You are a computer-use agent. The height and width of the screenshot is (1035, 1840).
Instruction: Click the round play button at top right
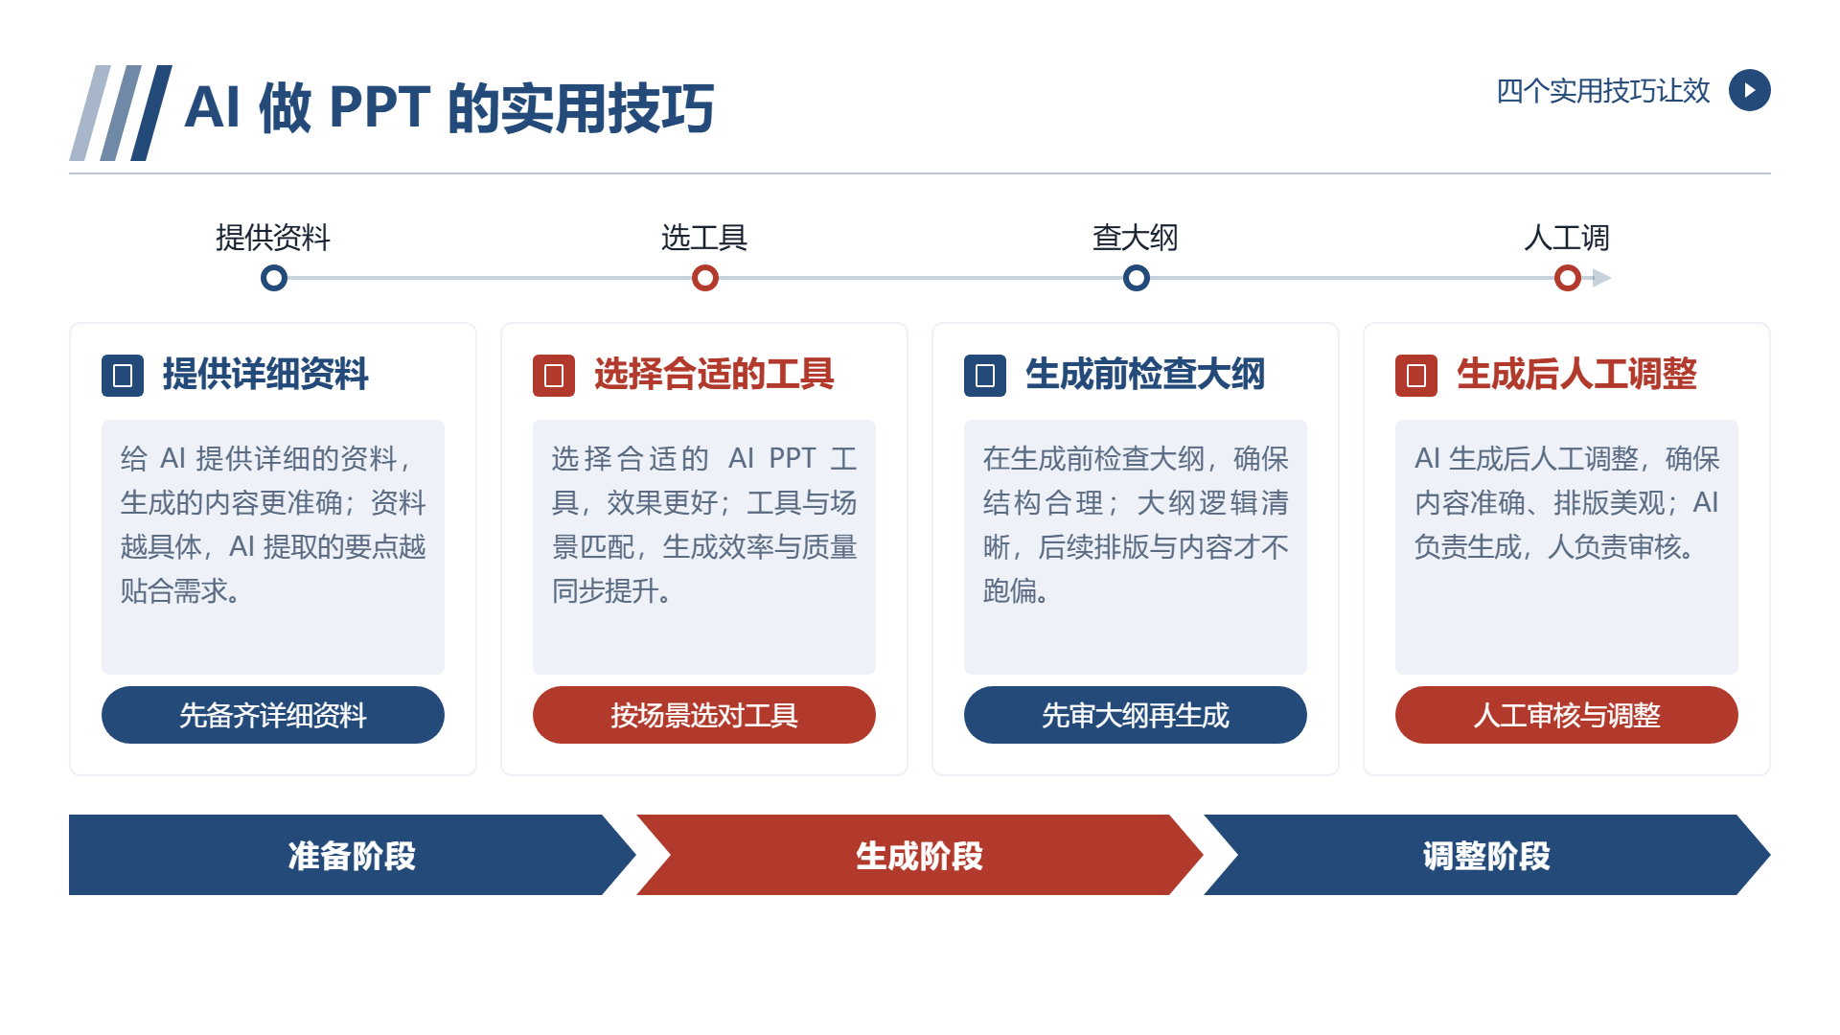1749,90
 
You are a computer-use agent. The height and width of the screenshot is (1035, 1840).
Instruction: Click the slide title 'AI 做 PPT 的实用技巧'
448,107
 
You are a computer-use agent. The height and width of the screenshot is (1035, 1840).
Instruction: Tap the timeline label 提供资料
273,238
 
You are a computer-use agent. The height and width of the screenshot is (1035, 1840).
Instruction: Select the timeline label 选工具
704,238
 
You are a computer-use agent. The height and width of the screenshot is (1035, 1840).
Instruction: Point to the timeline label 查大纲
1136,238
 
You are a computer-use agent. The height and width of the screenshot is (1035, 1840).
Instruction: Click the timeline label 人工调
1567,238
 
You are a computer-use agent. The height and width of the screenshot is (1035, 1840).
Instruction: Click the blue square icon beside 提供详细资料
123,376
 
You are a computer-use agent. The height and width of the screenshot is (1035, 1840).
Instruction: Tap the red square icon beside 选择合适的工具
554,376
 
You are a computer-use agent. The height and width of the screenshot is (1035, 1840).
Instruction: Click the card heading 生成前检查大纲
1145,374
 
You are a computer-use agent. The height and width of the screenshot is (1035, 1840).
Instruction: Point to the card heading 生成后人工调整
1576,374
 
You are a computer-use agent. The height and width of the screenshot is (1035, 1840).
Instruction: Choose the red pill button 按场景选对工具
704,715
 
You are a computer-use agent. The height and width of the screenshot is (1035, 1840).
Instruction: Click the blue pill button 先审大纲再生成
1136,715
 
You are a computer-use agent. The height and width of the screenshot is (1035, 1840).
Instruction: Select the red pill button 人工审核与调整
1567,715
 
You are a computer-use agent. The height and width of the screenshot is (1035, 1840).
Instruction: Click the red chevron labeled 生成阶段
920,855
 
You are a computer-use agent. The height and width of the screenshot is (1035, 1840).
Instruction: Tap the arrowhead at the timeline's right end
1601,278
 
